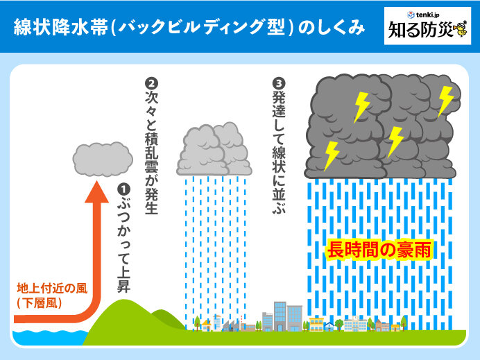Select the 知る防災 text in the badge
coord(420,32)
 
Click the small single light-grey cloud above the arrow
coord(102,159)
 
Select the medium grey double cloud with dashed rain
coord(214,148)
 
